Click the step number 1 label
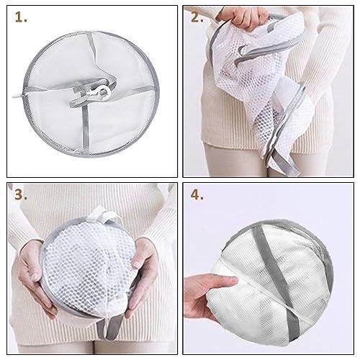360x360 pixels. pyautogui.click(x=21, y=17)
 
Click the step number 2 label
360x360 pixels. pyautogui.click(x=197, y=17)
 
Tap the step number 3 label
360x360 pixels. pyautogui.click(x=21, y=194)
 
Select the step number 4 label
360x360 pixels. pyautogui.click(x=197, y=194)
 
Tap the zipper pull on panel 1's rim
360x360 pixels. pyautogui.click(x=17, y=96)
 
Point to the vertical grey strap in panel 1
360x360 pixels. pyautogui.click(x=86, y=130)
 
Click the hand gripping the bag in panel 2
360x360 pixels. pyautogui.click(x=243, y=17)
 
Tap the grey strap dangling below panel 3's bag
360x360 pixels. pyautogui.click(x=110, y=328)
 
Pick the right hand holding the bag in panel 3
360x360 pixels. pyautogui.click(x=142, y=274)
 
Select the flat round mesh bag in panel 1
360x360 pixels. pyautogui.click(x=91, y=94)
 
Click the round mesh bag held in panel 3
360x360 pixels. pyautogui.click(x=89, y=269)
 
